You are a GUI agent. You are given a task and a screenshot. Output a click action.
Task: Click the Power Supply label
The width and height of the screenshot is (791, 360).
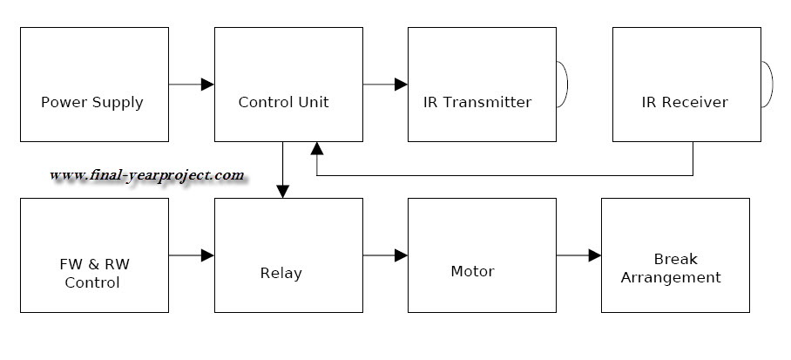coord(92,102)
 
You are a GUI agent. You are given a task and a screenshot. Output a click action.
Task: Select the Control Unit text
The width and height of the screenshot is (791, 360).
coord(284,102)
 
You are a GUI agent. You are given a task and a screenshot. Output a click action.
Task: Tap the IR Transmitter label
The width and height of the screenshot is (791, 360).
coord(477,102)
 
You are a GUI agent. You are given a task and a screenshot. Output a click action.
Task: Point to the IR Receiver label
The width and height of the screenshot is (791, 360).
coord(684,102)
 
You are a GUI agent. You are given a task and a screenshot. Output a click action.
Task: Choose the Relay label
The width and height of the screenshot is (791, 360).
coord(281,273)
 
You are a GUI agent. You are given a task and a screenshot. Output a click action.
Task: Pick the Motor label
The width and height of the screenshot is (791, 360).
coord(472,271)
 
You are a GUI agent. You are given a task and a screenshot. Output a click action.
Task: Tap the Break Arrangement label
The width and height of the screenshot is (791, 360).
coord(675,268)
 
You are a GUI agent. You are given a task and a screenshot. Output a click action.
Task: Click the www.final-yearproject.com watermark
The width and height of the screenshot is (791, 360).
coord(146,175)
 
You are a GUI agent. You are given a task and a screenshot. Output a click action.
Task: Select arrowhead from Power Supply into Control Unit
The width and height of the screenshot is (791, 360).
coord(207,85)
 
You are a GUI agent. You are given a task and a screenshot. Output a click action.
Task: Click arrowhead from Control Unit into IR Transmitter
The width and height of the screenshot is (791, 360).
coord(401,85)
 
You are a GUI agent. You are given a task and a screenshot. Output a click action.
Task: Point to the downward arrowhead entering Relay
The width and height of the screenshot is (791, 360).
coord(283,191)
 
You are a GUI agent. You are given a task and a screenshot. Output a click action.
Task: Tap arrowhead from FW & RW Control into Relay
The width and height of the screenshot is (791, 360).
coord(207,255)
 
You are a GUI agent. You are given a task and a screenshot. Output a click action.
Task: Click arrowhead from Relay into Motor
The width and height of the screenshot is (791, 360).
coord(401,255)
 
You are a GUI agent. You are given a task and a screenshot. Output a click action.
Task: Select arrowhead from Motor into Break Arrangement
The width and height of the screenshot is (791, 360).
coord(594,255)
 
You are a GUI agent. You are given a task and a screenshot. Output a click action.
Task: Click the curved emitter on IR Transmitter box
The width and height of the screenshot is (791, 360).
coord(564,85)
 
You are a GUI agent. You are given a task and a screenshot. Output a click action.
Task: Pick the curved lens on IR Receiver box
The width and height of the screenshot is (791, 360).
coord(767,85)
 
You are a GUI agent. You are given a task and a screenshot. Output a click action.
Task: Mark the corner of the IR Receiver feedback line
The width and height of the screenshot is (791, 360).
coord(693,174)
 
